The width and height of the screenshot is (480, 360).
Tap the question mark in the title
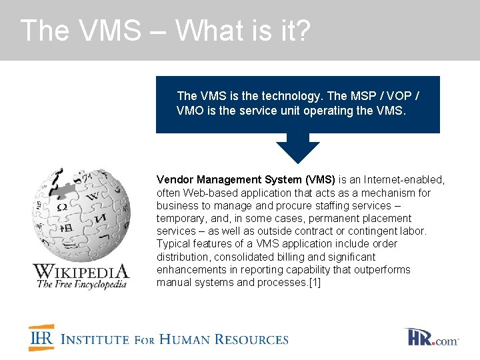(302, 31)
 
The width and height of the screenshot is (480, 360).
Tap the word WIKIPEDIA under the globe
(81, 271)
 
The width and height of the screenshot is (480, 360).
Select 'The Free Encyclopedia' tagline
(81, 284)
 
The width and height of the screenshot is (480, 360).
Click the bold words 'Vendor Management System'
(229, 179)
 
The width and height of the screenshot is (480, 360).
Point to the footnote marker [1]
(313, 282)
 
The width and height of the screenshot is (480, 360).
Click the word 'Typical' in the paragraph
(173, 243)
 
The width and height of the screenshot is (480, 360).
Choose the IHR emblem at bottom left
(41, 337)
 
